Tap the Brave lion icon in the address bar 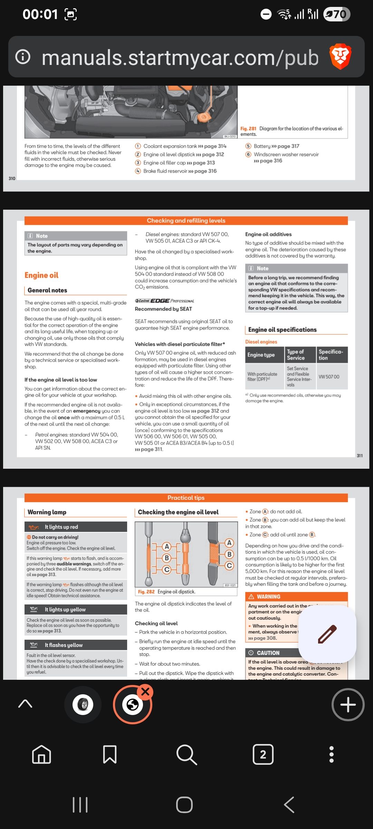(340, 57)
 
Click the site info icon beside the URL (23, 57)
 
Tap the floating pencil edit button (327, 634)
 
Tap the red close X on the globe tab (145, 692)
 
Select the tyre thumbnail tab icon (83, 705)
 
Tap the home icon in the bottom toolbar (41, 754)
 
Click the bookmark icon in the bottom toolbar (109, 754)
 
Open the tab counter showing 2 (263, 754)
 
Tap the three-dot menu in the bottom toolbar (332, 754)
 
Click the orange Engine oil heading (41, 275)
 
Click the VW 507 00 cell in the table (329, 377)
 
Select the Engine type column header (261, 355)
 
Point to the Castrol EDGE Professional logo (164, 301)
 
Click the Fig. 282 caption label (146, 592)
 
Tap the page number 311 (360, 456)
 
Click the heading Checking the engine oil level (178, 512)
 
